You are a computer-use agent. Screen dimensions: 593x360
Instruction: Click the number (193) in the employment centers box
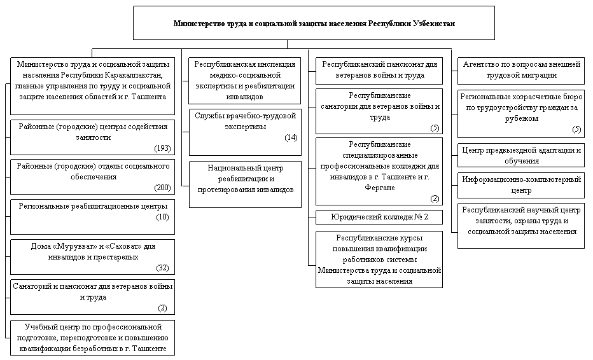(x=163, y=148)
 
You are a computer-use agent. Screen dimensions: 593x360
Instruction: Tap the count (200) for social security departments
(x=163, y=188)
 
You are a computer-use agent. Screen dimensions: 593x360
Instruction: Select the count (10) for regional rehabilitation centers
(x=163, y=217)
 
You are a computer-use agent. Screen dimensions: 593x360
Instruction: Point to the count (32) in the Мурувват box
(x=163, y=268)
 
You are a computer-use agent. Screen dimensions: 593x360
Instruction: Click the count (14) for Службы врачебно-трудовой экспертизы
(x=291, y=137)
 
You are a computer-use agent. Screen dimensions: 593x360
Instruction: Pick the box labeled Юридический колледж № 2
(x=379, y=217)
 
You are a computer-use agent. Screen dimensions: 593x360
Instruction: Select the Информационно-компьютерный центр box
(x=521, y=185)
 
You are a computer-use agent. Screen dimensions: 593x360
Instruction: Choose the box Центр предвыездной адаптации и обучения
(x=521, y=155)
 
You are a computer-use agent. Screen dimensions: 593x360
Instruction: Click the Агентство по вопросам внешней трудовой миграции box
(x=521, y=71)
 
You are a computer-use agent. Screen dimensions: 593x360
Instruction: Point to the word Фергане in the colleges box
(x=380, y=188)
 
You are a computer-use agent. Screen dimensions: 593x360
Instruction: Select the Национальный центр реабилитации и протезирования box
(x=245, y=184)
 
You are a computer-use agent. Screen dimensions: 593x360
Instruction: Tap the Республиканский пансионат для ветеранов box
(x=379, y=71)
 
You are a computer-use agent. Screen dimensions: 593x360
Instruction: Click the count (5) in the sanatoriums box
(x=435, y=128)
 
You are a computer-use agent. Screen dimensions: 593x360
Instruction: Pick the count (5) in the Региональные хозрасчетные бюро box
(x=576, y=130)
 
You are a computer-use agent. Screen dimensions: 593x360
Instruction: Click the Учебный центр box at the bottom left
(x=92, y=338)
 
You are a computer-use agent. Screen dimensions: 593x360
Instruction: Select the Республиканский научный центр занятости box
(x=521, y=225)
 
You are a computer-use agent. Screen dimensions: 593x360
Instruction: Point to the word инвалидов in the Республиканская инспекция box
(x=244, y=97)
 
